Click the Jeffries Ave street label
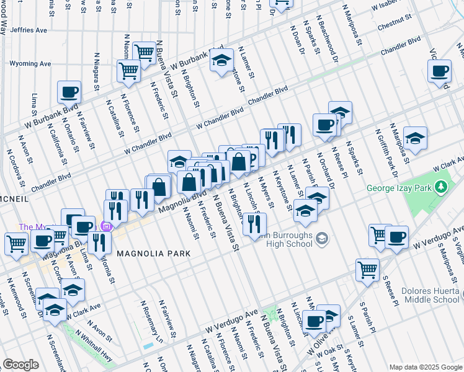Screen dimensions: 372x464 coord(29,30)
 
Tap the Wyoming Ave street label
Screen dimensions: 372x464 coord(30,63)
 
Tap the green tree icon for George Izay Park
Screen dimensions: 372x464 coord(441,186)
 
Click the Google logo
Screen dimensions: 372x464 coord(21,364)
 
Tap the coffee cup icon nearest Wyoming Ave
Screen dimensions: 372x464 coord(69,92)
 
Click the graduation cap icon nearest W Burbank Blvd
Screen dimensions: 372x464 coord(221,61)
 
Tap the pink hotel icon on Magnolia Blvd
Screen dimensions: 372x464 coord(105,227)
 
